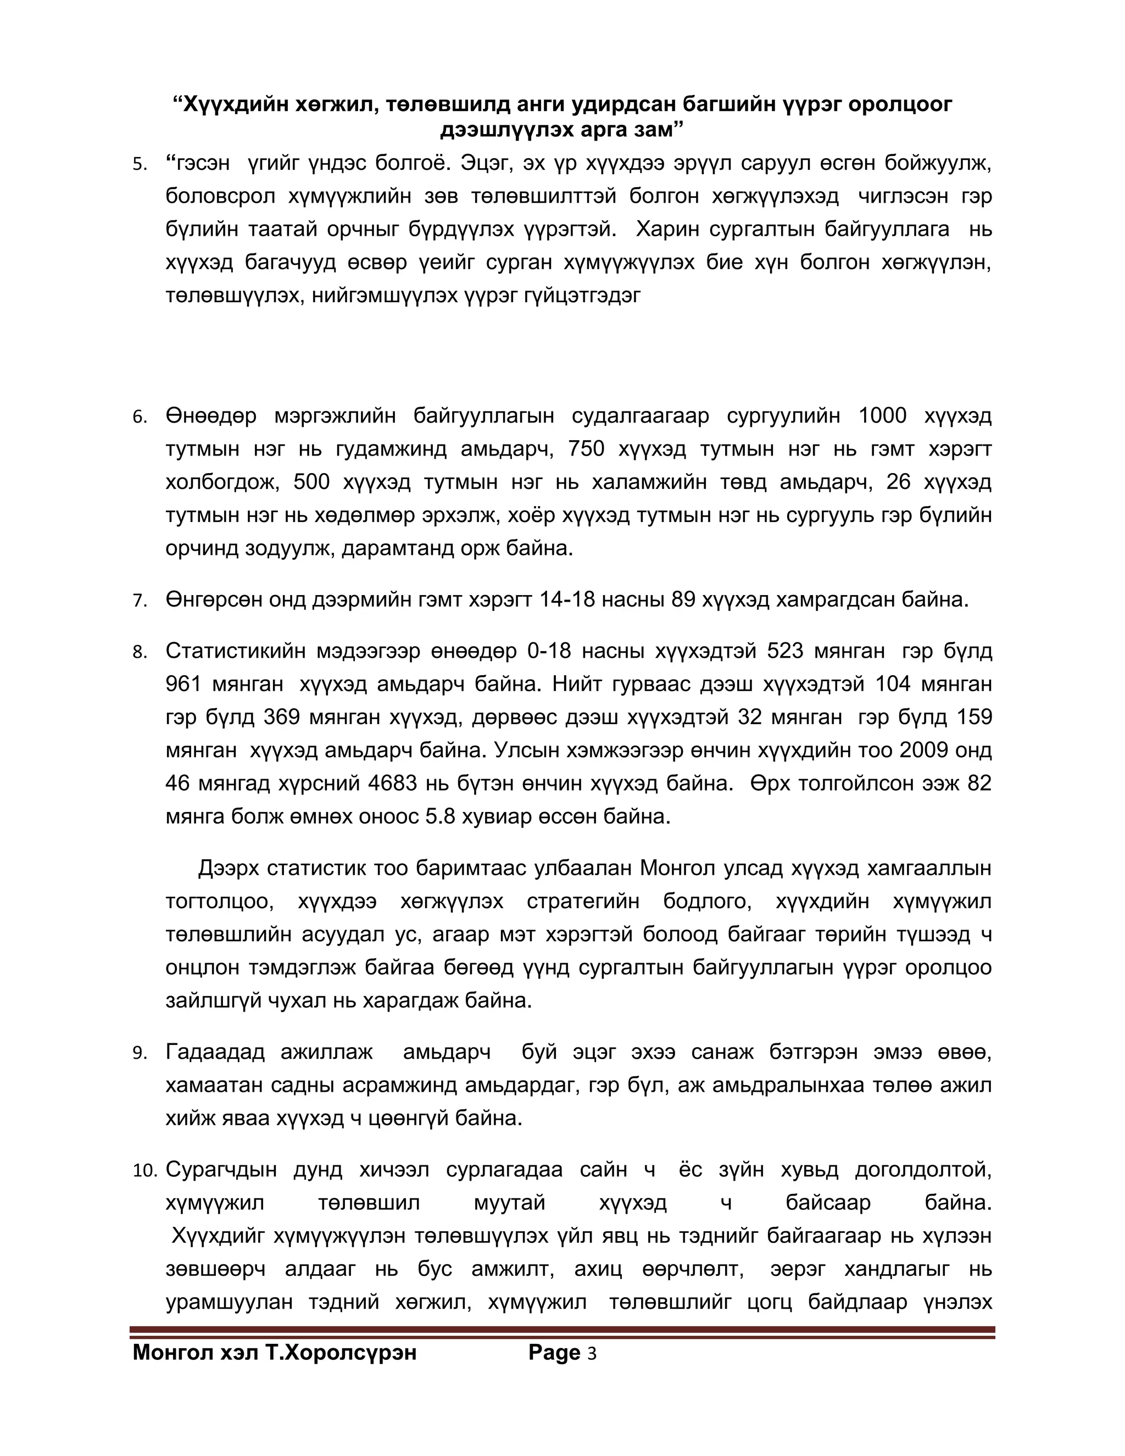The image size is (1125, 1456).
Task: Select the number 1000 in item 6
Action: pos(882,416)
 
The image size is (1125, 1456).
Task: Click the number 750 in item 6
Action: pos(587,449)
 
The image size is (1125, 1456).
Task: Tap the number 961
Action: pos(183,684)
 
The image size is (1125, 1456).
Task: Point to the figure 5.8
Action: pos(440,816)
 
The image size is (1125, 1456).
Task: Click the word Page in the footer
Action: pos(554,1353)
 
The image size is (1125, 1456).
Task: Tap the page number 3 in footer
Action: pos(592,1353)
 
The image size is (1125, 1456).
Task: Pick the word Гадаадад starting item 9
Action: pos(215,1053)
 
